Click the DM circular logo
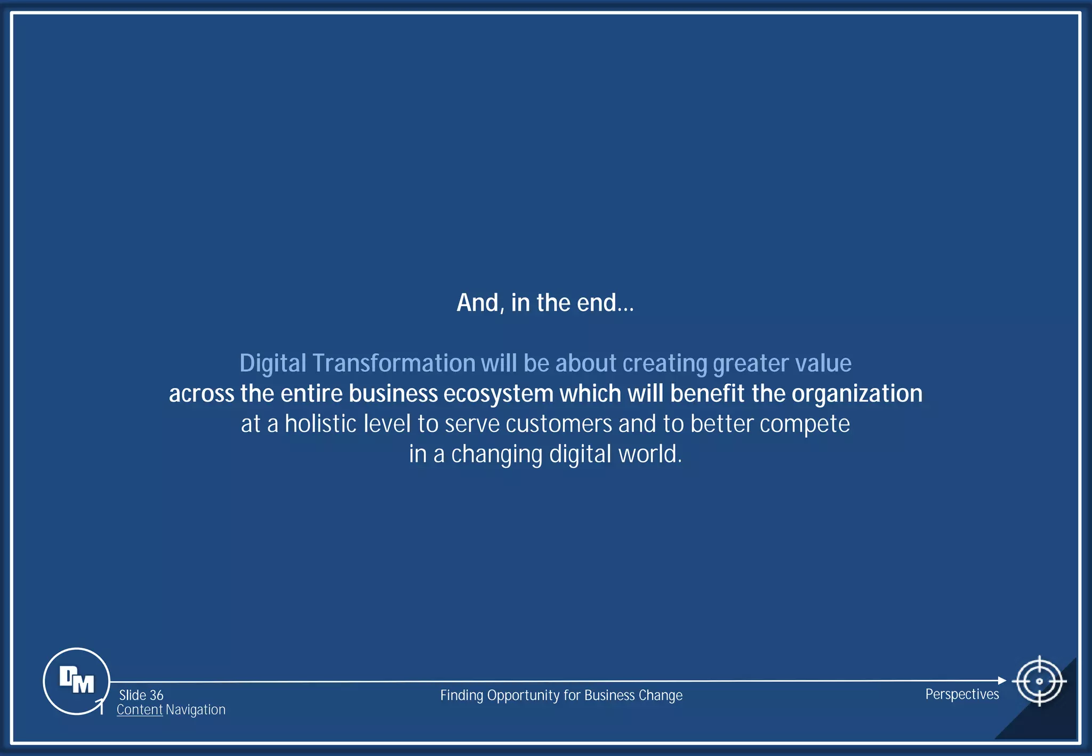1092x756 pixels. point(76,681)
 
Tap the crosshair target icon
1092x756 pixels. point(1039,681)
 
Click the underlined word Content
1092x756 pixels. point(139,710)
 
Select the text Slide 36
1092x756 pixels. point(141,695)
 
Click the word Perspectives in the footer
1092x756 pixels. point(962,694)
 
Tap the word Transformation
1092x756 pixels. point(394,363)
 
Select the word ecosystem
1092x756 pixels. point(499,394)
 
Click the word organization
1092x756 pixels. point(857,394)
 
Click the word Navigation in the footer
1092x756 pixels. point(195,710)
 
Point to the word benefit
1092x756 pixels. point(707,394)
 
